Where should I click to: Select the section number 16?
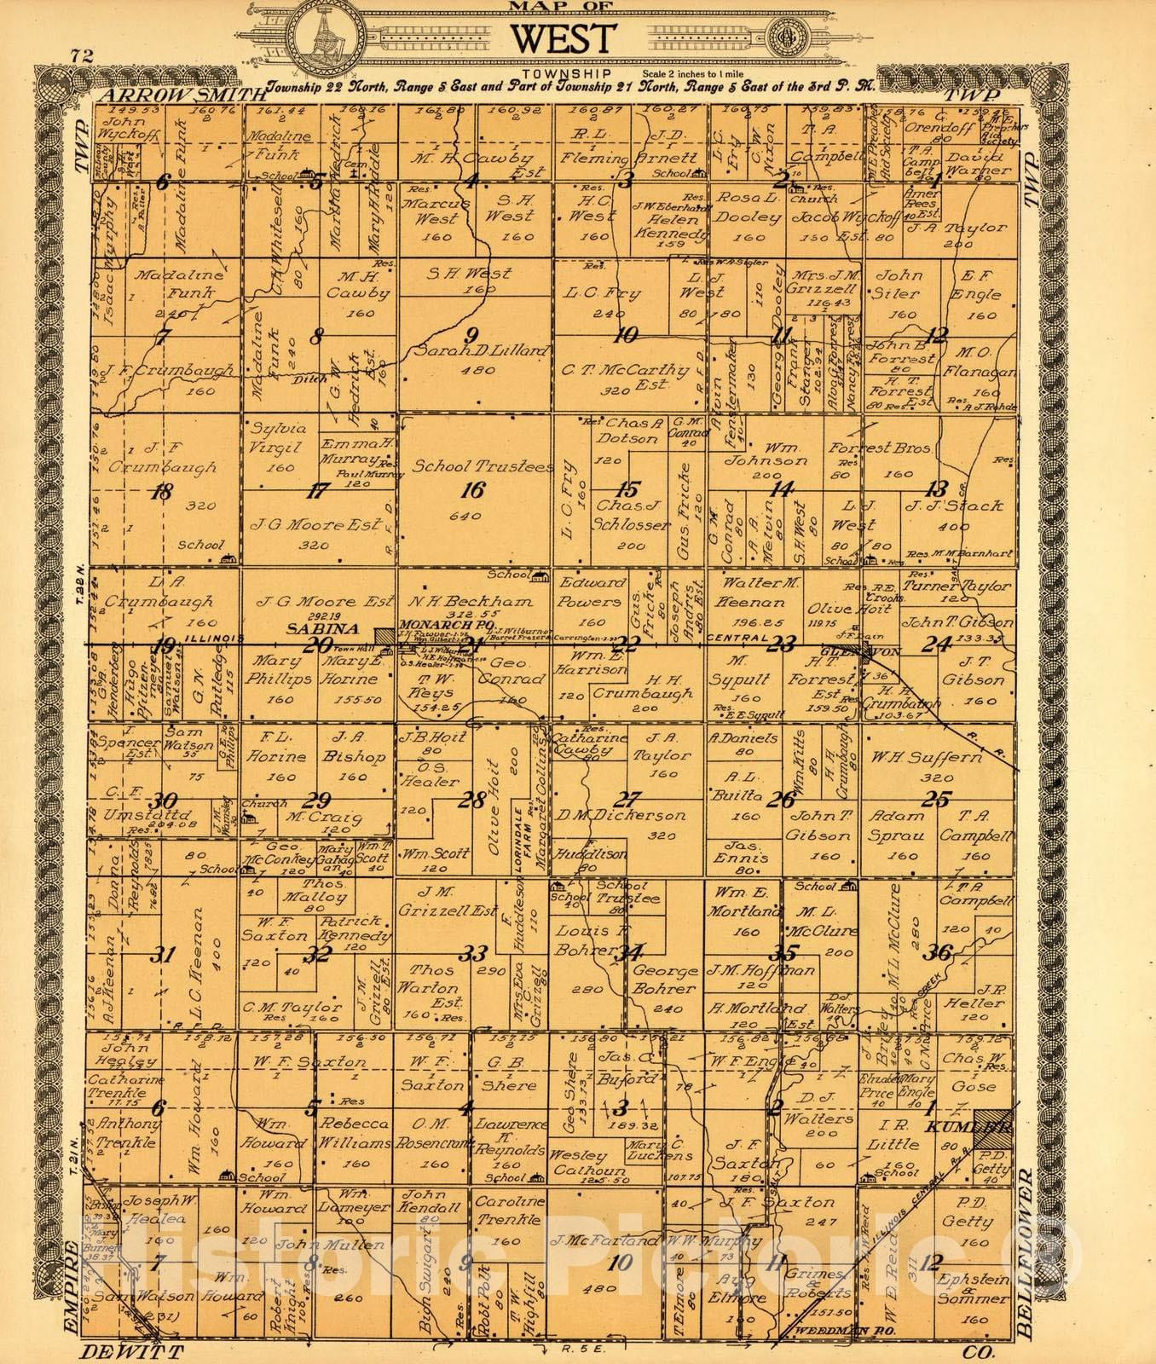[472, 489]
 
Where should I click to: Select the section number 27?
[628, 800]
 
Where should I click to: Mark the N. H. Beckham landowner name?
[470, 601]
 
